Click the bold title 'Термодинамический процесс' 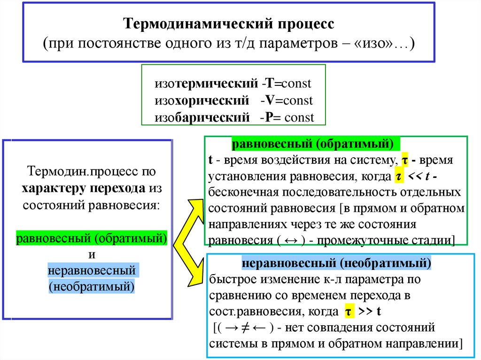point(229,24)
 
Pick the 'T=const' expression point(287,84)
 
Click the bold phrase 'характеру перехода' point(83,188)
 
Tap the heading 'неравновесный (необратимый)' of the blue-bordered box point(336,263)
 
